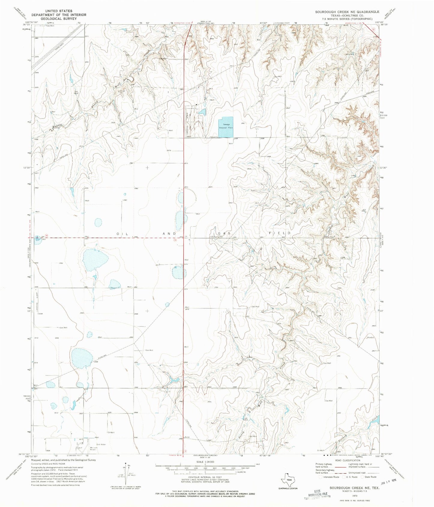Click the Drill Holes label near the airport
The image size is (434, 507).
101,444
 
